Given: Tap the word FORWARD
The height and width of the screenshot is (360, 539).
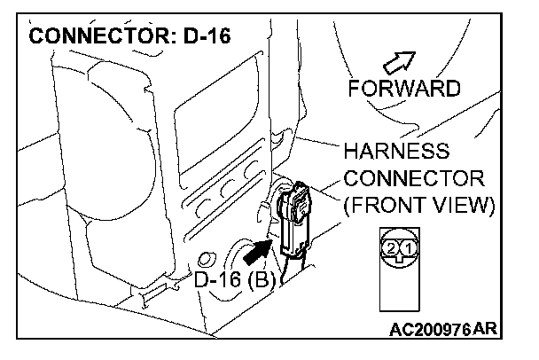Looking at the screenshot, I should coord(404,89).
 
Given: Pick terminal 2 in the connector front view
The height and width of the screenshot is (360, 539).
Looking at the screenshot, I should coord(391,250).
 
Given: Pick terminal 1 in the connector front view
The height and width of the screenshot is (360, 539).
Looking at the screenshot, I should coord(408,250).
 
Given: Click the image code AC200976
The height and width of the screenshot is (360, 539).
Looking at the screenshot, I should coord(430,330).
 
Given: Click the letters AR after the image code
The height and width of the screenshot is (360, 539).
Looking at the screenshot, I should coord(486,330).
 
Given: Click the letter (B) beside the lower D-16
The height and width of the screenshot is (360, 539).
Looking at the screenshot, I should coord(263,283).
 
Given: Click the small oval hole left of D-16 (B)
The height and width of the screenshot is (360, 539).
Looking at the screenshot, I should coord(206,260).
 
